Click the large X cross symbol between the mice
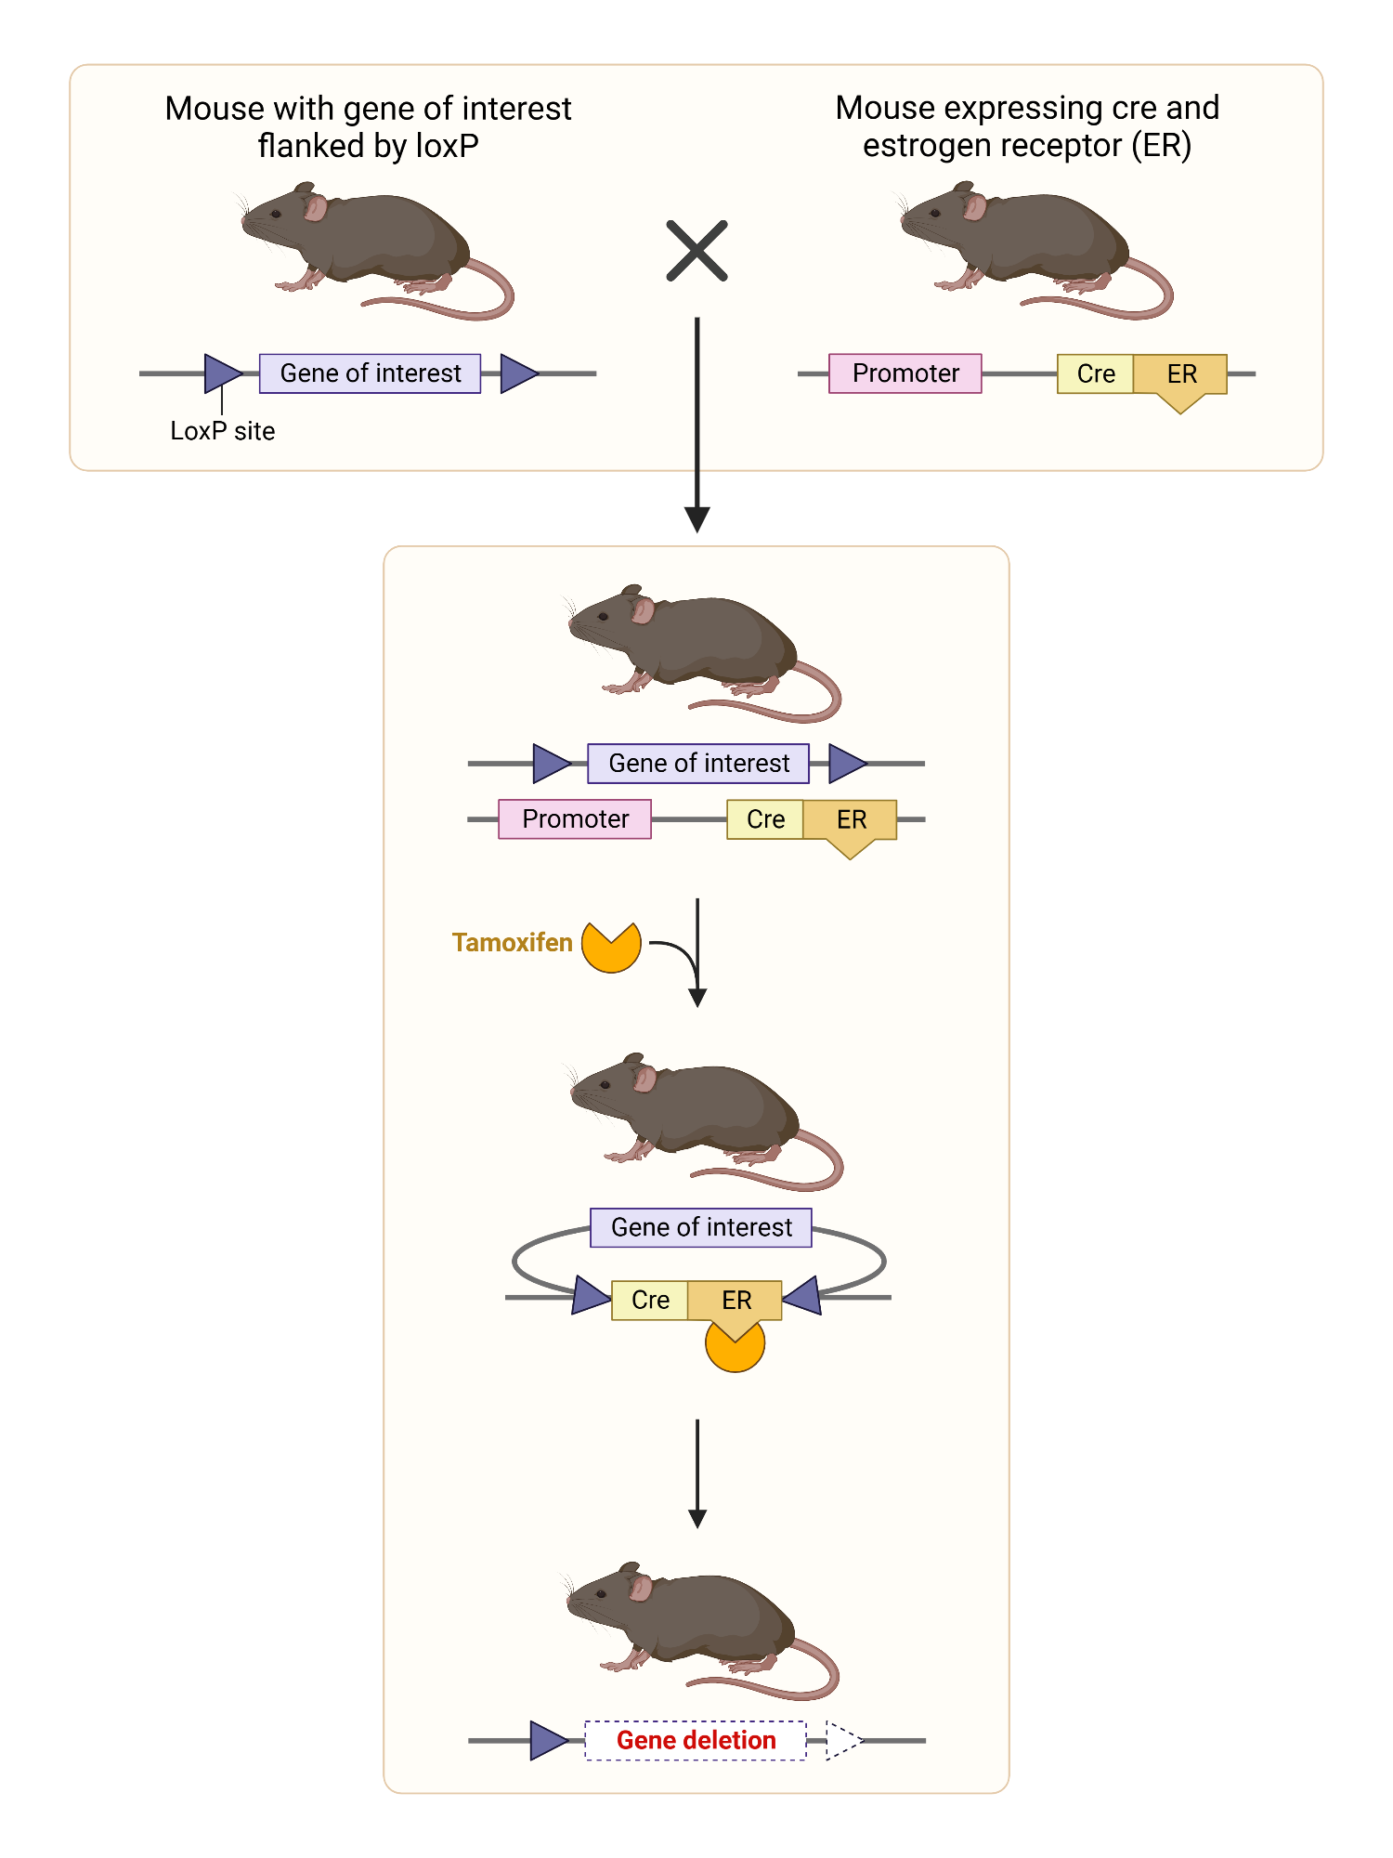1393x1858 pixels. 696,251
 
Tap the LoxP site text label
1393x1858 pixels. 222,431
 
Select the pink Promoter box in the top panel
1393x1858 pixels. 905,373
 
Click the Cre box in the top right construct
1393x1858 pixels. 1095,373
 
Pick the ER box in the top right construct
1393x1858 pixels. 1180,374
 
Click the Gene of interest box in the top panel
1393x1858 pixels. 370,373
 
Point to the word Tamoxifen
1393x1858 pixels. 512,943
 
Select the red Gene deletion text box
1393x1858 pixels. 696,1740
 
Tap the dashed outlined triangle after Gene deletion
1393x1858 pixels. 841,1740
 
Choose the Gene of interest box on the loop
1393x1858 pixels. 701,1227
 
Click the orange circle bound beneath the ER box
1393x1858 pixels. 735,1353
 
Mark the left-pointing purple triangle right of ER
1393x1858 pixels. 805,1296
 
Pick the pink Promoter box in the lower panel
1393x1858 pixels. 575,819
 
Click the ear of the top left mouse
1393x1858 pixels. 315,207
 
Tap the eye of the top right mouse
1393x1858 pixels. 935,214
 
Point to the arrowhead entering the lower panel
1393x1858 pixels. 696,520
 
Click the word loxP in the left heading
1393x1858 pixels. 447,146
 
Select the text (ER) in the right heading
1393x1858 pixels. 1161,146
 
